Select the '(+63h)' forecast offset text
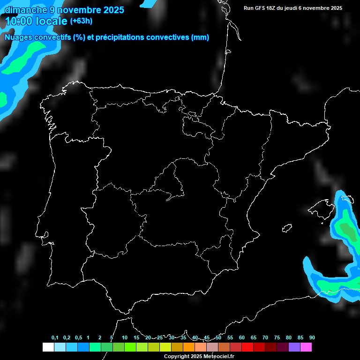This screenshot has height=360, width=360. pos(81,21)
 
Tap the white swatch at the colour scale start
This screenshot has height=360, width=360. pos(48,347)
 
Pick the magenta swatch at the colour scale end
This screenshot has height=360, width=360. pos(306,347)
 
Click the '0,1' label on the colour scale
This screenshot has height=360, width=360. pos(55,338)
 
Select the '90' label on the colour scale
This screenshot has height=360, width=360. pos(312,338)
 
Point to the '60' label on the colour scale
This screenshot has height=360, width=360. pos(241,338)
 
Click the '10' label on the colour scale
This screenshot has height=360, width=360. pos(124,338)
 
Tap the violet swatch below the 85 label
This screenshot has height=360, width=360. pos(294,347)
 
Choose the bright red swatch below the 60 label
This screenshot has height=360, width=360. pos(247,347)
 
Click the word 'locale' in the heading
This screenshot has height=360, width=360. pos(51,21)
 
